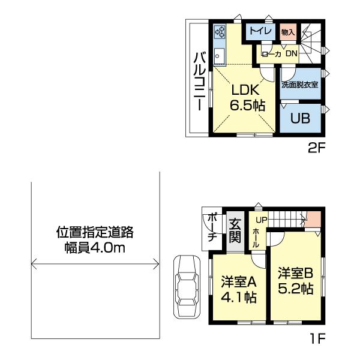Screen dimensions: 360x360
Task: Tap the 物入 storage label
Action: [287, 32]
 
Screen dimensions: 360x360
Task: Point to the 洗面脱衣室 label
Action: [300, 85]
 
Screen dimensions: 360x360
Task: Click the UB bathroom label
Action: [300, 118]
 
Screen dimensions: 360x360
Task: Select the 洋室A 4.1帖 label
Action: [238, 289]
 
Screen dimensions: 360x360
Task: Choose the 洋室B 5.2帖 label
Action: [295, 280]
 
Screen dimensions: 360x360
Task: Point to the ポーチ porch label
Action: [212, 229]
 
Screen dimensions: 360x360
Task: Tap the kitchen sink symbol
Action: [218, 57]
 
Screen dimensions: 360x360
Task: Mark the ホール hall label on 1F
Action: [256, 238]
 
